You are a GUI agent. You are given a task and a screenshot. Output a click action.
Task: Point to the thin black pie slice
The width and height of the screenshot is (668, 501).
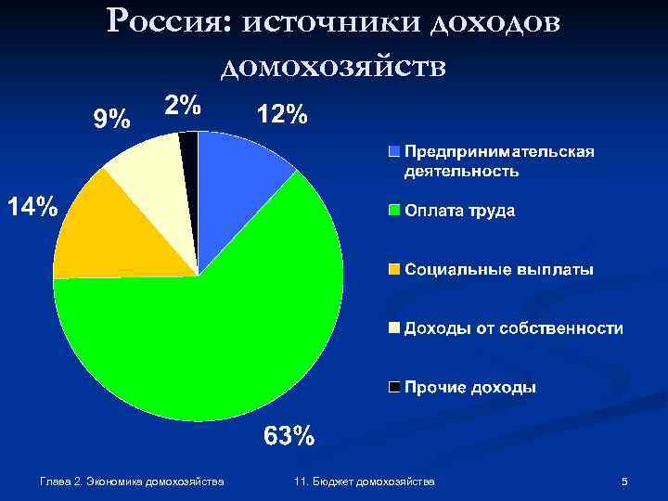tap(189, 148)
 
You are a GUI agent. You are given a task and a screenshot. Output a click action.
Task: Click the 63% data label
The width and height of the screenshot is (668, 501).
tap(289, 435)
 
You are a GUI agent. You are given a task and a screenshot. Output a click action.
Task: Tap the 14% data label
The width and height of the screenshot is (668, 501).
tap(32, 206)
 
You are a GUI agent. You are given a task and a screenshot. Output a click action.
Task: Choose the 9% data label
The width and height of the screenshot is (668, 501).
tap(109, 119)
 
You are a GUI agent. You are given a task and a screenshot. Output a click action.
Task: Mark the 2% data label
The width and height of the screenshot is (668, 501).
tap(183, 105)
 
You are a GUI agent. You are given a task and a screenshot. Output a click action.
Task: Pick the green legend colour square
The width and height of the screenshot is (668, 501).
tap(394, 211)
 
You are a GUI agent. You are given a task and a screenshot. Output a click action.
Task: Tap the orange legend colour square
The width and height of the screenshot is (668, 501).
tap(394, 270)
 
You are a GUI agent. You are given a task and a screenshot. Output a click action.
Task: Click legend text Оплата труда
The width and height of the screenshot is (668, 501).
tap(459, 211)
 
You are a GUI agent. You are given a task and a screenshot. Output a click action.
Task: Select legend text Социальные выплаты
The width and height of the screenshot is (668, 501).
tap(498, 270)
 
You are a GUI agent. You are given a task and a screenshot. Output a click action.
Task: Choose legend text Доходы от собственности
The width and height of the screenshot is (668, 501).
tap(512, 328)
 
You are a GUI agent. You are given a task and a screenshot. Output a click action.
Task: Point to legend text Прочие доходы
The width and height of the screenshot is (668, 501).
tap(469, 387)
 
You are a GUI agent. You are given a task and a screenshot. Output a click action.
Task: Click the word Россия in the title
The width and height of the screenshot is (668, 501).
tap(173, 22)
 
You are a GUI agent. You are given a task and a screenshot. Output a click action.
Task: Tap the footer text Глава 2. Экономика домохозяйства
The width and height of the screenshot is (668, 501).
tap(133, 482)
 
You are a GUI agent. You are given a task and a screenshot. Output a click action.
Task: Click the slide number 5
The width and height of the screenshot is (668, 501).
tap(624, 482)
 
